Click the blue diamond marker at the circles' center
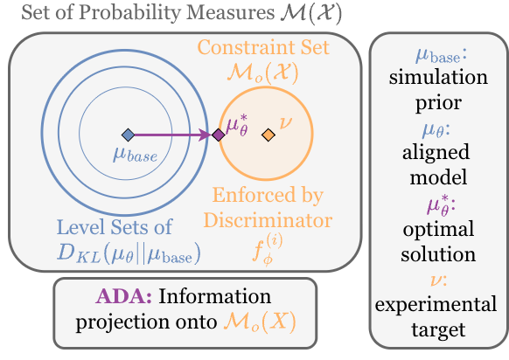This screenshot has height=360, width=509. click(128, 135)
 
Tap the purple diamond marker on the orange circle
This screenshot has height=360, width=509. click(218, 135)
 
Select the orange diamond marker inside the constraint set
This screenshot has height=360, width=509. click(268, 135)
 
